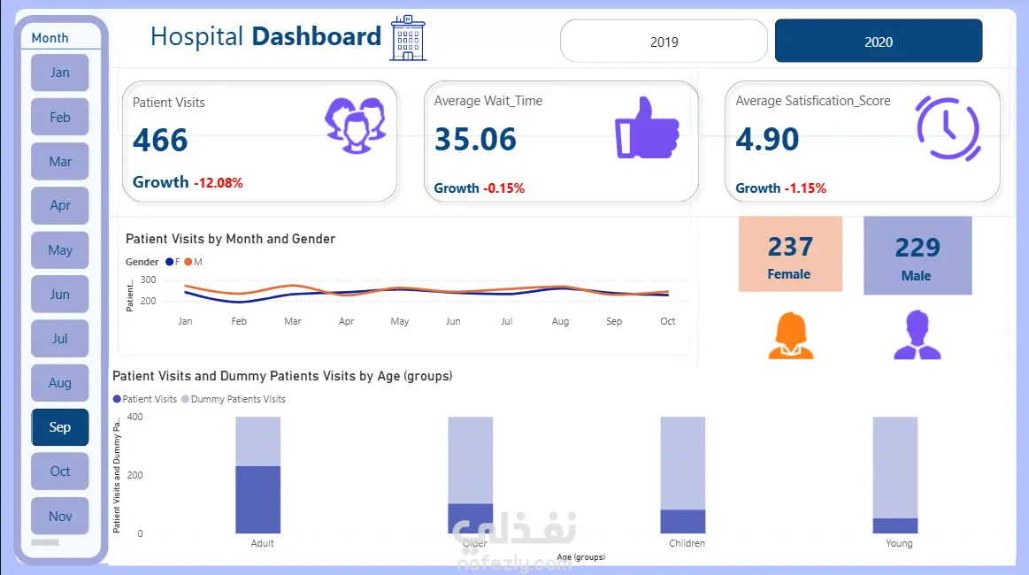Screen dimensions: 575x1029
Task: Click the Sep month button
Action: (x=60, y=427)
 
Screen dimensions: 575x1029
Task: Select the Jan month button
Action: (x=60, y=73)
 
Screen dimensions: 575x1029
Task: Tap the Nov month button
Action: (x=60, y=517)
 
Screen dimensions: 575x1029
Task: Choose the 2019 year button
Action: (x=664, y=42)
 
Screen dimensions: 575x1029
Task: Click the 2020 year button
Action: (x=879, y=42)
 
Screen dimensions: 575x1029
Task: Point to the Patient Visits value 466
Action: (x=161, y=141)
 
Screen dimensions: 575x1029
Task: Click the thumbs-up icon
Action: (x=647, y=126)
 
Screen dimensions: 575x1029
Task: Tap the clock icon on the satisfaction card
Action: (x=948, y=128)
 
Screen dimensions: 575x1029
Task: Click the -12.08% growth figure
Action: (x=219, y=183)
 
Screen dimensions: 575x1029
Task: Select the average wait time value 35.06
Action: (x=476, y=140)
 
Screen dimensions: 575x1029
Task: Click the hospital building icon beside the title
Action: (x=408, y=38)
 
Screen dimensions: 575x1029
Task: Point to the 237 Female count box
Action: (x=790, y=255)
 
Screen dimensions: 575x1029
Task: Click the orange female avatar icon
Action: (x=790, y=336)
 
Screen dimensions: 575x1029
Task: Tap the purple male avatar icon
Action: (x=917, y=335)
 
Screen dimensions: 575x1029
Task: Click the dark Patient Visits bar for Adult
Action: (x=257, y=500)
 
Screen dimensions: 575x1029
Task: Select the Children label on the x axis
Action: (x=687, y=543)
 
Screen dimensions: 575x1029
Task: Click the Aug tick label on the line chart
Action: (x=560, y=322)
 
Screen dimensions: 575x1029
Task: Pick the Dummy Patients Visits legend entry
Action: (x=234, y=399)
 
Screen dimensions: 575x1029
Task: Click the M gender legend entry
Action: (x=194, y=262)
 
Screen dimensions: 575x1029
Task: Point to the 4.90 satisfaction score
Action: (x=767, y=140)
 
